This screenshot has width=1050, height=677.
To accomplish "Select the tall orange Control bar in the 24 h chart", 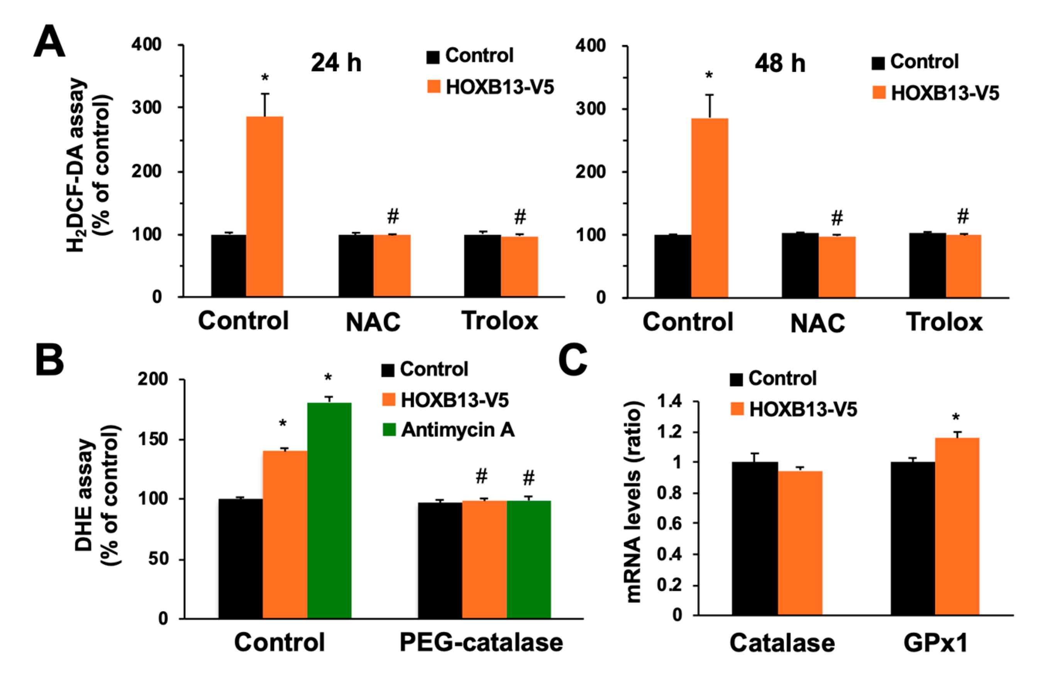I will click(x=264, y=207).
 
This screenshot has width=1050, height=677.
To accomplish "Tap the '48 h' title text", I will click(x=780, y=63).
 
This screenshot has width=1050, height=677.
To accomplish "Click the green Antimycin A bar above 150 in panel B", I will click(x=329, y=510).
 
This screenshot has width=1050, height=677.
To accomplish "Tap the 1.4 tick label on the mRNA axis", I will click(x=669, y=401).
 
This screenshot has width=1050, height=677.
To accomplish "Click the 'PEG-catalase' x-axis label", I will click(x=481, y=642).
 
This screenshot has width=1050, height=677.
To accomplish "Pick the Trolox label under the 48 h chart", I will click(x=944, y=322).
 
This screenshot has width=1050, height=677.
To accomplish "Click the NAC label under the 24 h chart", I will click(x=373, y=322).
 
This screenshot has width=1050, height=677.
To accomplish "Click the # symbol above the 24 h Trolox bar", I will click(x=520, y=216).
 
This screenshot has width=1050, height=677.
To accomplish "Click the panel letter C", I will click(x=572, y=360).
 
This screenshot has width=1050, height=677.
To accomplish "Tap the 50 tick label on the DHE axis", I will click(x=158, y=559).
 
